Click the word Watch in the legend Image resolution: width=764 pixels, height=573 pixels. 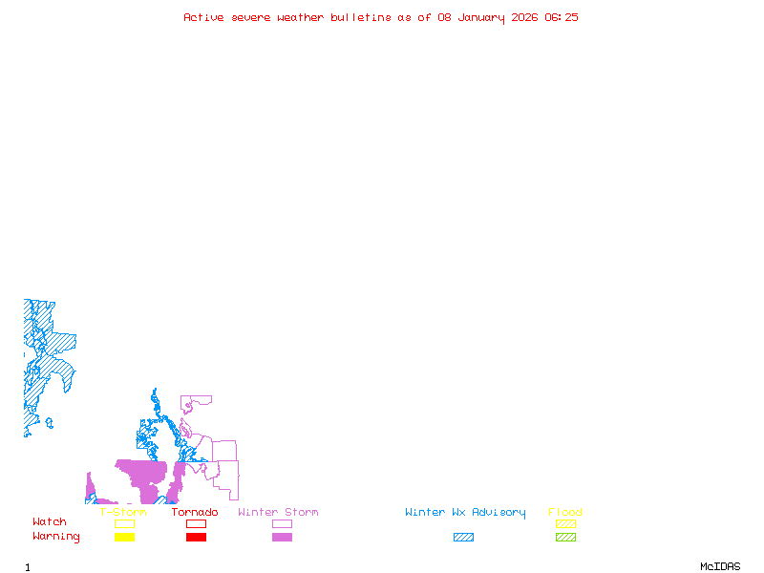coord(50,522)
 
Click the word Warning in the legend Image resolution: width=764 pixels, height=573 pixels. coord(56,537)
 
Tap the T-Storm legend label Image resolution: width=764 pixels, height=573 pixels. coord(123,513)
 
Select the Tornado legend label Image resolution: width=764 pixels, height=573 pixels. coord(195,513)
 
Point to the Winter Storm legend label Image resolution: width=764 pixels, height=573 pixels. coord(278,513)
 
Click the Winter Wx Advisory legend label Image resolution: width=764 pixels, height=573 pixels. coord(465,513)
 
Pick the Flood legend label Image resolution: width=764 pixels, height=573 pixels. coord(565,513)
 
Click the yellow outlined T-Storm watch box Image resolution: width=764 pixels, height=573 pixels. coord(124,523)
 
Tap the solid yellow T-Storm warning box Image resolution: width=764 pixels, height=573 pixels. coord(124,538)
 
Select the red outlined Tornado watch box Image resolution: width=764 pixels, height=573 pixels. coord(196,523)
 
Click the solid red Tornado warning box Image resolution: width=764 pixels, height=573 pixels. coord(196,538)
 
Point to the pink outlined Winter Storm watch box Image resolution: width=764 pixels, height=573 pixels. coord(282,523)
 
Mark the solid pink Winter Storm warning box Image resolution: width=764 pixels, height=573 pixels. coord(282,538)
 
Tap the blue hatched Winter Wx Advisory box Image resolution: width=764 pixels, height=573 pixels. coord(463,538)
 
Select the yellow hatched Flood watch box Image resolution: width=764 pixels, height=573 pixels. coord(565,523)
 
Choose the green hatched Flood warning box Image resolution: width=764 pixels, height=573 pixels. coord(565,538)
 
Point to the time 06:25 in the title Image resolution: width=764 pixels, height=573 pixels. coord(562,17)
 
